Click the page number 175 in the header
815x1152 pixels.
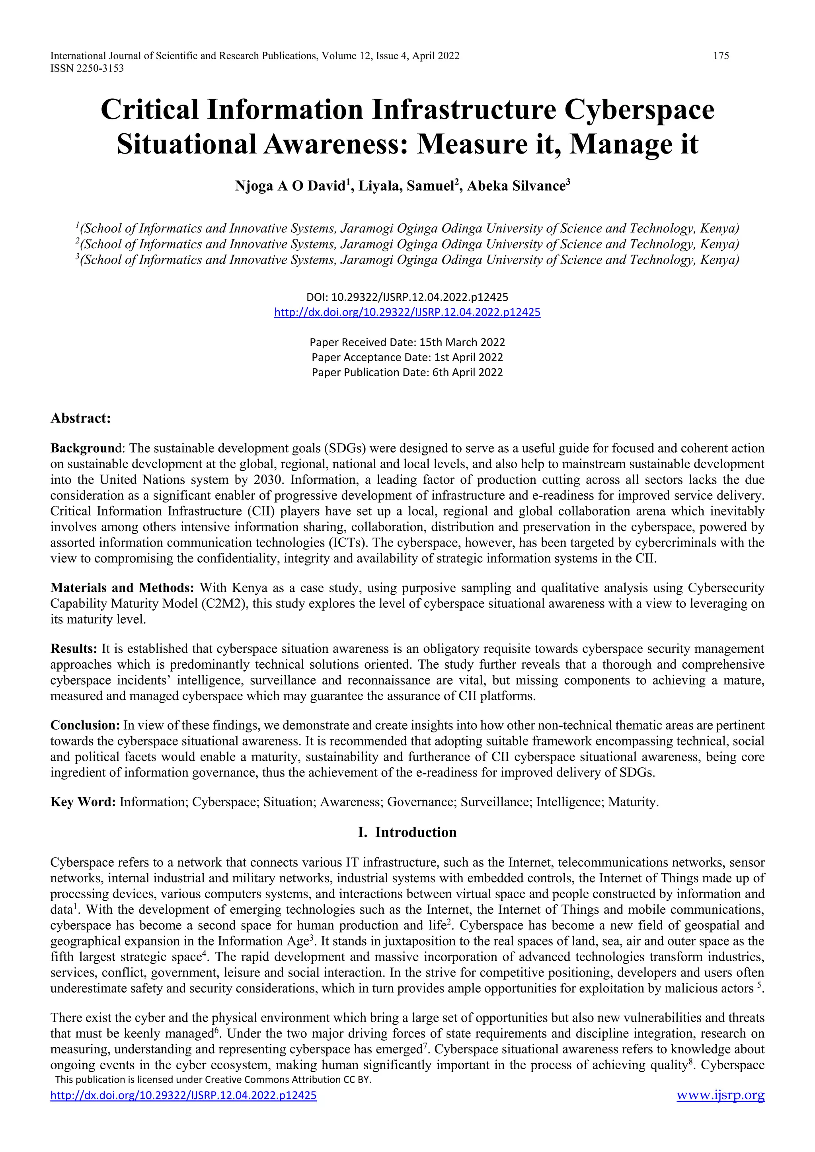pyautogui.click(x=721, y=56)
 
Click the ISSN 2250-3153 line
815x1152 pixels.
pyautogui.click(x=87, y=69)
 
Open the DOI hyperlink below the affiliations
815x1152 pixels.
pyautogui.click(x=407, y=312)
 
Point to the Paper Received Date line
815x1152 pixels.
pyautogui.click(x=407, y=342)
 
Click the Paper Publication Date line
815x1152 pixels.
pyautogui.click(x=407, y=372)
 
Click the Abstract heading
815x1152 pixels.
pyautogui.click(x=80, y=418)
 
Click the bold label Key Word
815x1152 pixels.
pyautogui.click(x=83, y=802)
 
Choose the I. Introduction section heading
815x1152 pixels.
pyautogui.click(x=407, y=833)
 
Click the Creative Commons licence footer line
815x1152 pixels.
pyautogui.click(x=213, y=1079)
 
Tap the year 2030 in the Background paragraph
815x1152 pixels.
pyautogui.click(x=270, y=480)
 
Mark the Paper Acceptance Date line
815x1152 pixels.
pyautogui.click(x=407, y=357)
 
